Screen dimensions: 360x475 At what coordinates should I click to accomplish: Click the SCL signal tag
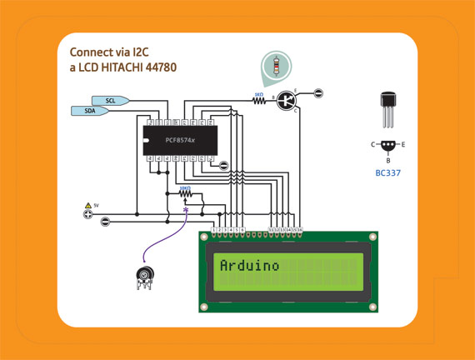tap(112, 100)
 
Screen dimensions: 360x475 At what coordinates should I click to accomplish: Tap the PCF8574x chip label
tap(180, 140)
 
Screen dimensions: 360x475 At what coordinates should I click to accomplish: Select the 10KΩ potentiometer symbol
tap(185, 196)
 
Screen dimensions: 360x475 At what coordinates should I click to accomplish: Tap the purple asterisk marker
tap(186, 211)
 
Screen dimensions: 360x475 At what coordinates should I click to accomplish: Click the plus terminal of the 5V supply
tap(87, 214)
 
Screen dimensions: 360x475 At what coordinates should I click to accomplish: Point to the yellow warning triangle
tap(87, 204)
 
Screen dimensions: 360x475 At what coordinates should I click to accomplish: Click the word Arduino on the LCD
tap(249, 266)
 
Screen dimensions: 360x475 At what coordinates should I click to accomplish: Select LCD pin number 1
tap(214, 228)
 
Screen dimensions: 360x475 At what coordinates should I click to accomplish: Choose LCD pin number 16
tap(300, 228)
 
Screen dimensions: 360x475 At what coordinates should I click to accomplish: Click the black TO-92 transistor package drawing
tap(388, 107)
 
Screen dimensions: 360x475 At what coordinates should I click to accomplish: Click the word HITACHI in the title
tap(125, 66)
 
